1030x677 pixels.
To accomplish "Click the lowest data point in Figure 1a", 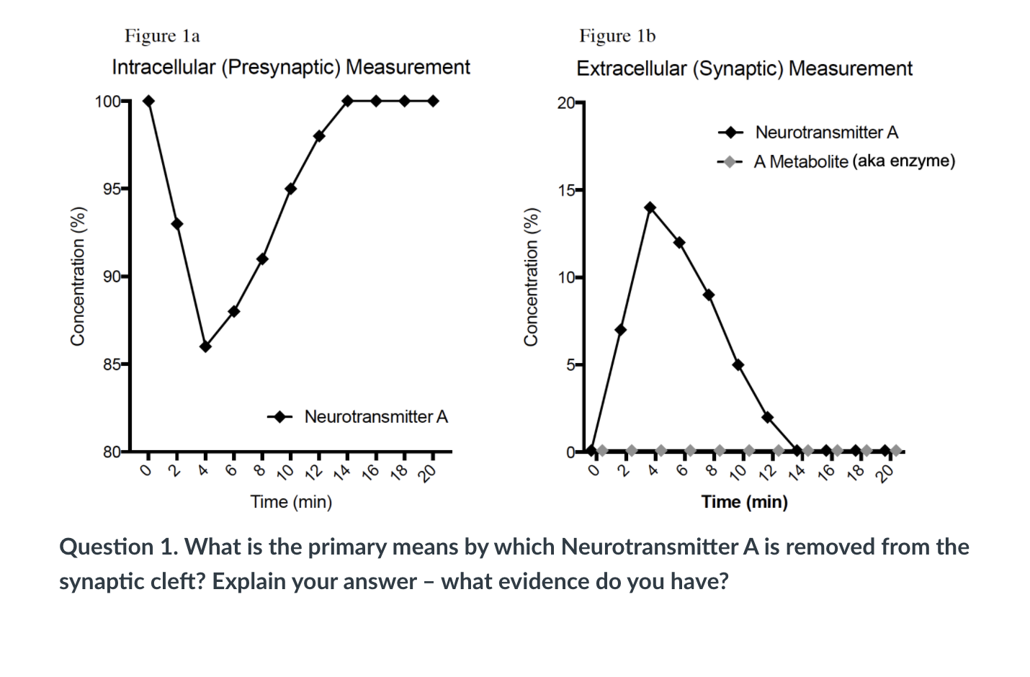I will [x=205, y=346].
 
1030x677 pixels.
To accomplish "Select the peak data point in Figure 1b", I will [x=650, y=207].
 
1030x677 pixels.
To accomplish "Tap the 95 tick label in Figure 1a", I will [x=112, y=189].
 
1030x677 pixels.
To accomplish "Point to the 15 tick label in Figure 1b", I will [x=566, y=191].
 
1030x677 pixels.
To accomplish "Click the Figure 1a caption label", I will [x=162, y=36].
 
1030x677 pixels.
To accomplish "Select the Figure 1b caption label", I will [x=617, y=36].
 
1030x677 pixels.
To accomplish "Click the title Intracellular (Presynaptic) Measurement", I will [x=291, y=68].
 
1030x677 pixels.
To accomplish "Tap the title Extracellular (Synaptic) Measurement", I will [x=744, y=69].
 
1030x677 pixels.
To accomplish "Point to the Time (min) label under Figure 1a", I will [x=291, y=502].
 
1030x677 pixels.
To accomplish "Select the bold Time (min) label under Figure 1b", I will [x=744, y=502].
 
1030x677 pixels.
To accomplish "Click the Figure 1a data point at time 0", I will [x=148, y=101].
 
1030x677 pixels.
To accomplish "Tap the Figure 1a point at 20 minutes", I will [x=433, y=101].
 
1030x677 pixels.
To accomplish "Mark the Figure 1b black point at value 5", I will [x=738, y=365].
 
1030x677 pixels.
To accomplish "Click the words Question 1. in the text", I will [x=118, y=547].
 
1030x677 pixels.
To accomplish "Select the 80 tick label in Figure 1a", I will [x=112, y=452].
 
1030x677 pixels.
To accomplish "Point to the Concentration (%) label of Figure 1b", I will [x=531, y=277].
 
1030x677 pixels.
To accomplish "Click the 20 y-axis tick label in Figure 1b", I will [x=566, y=103].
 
